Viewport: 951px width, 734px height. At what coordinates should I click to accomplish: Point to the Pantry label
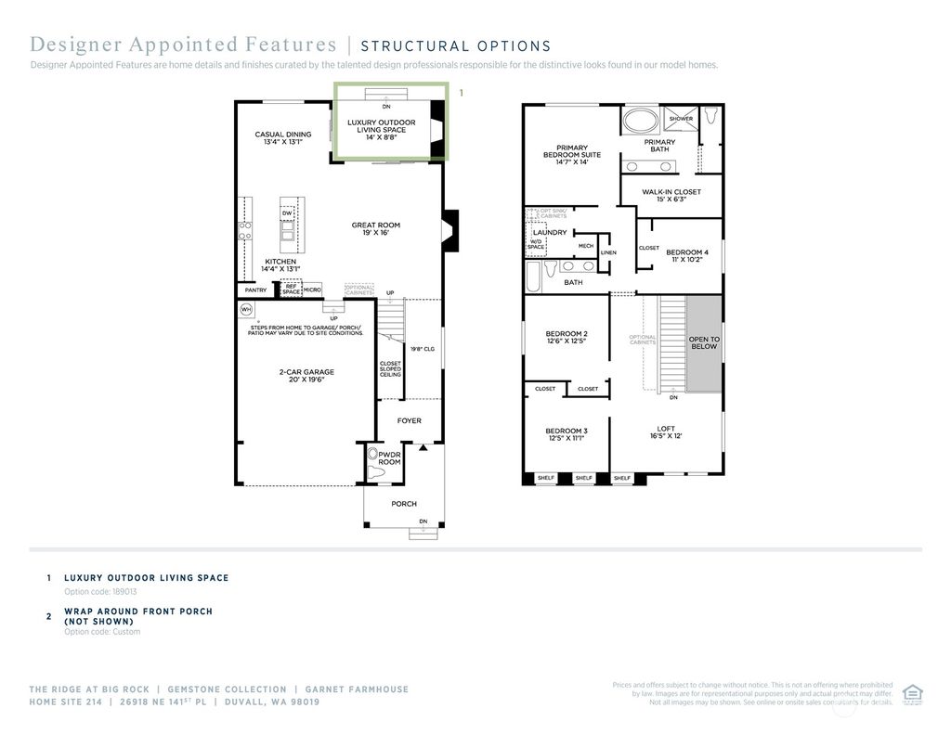click(x=255, y=290)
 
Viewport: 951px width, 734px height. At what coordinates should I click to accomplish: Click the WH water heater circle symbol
click(x=246, y=309)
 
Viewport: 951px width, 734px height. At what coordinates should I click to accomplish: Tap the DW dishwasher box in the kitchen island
click(x=287, y=214)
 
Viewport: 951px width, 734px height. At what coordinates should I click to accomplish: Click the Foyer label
click(x=409, y=420)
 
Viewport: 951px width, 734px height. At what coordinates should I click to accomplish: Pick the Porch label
click(x=404, y=503)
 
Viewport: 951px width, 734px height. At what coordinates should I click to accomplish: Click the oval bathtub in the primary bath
click(x=638, y=121)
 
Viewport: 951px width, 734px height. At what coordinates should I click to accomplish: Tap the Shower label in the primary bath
click(x=681, y=119)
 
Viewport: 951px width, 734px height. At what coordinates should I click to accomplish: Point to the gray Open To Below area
click(x=703, y=342)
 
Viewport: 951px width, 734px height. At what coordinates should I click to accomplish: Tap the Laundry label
click(x=549, y=232)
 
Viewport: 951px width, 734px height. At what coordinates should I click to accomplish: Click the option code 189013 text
click(x=100, y=591)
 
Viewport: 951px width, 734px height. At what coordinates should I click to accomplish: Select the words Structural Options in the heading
click(x=455, y=45)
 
